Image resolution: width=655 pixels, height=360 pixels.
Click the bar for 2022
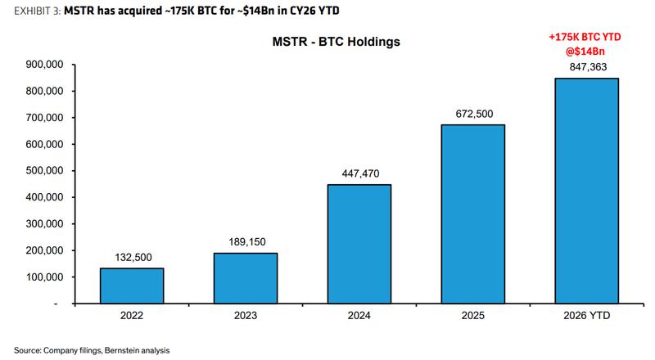132,286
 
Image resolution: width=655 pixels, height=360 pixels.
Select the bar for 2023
246,278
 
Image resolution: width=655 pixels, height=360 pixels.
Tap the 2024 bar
359,244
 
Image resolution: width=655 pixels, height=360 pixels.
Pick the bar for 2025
473,214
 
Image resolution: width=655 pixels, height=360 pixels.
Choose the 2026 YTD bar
586,191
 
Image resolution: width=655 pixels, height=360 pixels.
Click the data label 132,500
133,257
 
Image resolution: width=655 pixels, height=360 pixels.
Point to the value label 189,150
247,242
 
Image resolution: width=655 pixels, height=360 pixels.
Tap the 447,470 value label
360,173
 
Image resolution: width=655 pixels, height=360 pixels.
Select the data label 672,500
474,114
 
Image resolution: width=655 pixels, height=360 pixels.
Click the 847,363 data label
588,67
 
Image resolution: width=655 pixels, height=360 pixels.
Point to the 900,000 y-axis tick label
45,65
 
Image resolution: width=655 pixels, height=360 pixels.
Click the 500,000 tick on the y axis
45,171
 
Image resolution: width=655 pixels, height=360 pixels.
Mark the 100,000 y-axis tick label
45,277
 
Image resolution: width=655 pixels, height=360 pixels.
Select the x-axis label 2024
359,315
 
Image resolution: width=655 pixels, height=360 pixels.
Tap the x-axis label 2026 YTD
587,315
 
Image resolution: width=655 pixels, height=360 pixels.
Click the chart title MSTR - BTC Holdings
337,42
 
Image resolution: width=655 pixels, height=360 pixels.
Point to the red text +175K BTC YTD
585,37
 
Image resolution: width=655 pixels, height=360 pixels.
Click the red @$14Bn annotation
585,52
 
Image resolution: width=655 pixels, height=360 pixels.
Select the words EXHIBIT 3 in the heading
37,11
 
